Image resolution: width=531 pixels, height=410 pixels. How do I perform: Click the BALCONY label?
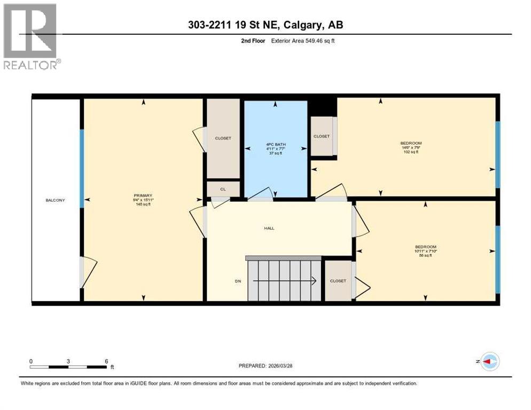[x=55, y=200]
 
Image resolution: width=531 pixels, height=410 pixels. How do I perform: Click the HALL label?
[x=269, y=228]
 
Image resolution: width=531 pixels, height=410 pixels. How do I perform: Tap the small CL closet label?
[x=223, y=189]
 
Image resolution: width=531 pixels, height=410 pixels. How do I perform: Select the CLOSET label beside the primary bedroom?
[x=223, y=138]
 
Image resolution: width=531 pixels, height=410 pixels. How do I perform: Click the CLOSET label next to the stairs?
[x=338, y=281]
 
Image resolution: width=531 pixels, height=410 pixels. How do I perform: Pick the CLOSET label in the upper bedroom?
[x=322, y=136]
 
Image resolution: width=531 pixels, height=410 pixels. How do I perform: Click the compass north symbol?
[x=489, y=361]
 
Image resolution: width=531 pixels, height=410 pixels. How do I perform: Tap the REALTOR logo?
[x=31, y=36]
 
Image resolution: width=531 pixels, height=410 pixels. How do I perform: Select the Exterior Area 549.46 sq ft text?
[x=303, y=41]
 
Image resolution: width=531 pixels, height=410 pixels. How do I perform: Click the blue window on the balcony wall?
[x=82, y=168]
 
